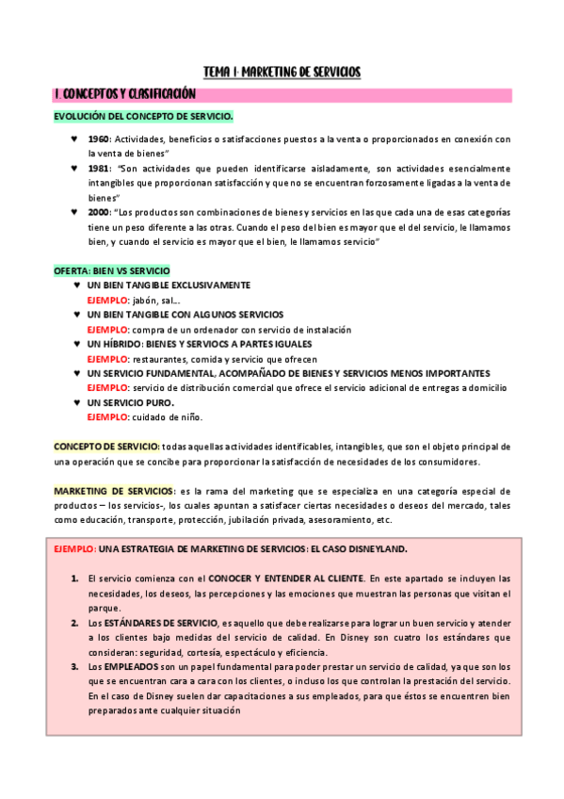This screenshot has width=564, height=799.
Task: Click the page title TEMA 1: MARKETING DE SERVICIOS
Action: click(282, 73)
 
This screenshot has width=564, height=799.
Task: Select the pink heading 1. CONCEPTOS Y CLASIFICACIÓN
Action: click(124, 94)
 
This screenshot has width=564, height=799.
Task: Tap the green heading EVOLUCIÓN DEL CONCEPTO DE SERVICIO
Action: click(143, 116)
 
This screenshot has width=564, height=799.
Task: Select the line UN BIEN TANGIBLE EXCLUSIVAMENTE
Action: click(169, 285)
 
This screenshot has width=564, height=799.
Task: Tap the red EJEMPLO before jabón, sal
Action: click(107, 300)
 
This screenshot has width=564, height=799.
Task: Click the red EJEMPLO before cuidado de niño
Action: click(107, 417)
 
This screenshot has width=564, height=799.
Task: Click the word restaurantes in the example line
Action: click(160, 359)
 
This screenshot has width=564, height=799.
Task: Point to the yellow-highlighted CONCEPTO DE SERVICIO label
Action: click(105, 447)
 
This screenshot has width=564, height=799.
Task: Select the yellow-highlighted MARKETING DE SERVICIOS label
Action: click(113, 492)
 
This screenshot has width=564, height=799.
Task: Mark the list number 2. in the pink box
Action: click(74, 624)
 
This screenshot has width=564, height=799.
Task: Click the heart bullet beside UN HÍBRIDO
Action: click(75, 345)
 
